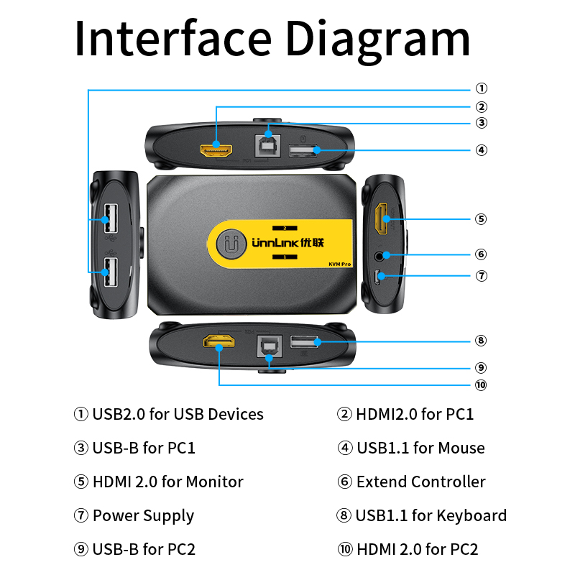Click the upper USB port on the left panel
[x=111, y=218]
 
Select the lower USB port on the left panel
[x=111, y=272]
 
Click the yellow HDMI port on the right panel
[x=381, y=219]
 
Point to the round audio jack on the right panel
[x=380, y=254]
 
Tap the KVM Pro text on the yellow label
[x=339, y=264]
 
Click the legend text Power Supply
[x=143, y=516]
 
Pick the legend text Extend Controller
[x=420, y=482]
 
